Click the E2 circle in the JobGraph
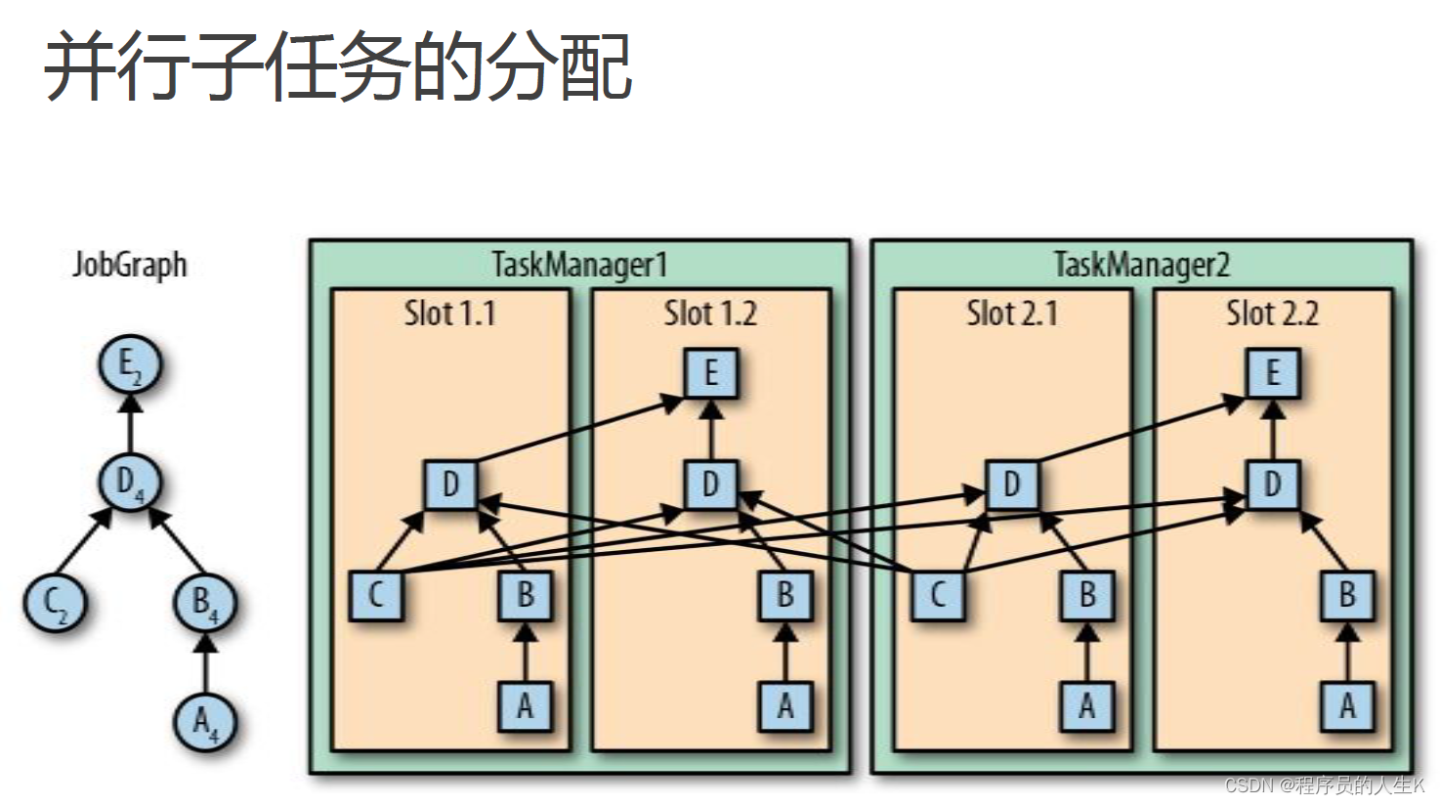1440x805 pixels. [129, 365]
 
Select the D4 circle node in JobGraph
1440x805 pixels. [129, 482]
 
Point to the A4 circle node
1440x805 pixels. [205, 722]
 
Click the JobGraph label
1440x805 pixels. [129, 265]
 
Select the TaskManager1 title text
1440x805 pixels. [579, 265]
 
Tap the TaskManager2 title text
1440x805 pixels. [1141, 265]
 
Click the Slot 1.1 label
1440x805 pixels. [450, 314]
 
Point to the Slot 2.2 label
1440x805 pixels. [1272, 314]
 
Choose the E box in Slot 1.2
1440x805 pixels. [710, 373]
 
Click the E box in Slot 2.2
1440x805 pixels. [1272, 373]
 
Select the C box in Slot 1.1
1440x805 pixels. [376, 595]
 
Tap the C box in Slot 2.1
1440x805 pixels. [938, 595]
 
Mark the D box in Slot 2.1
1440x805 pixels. [1011, 485]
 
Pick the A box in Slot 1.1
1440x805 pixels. [525, 705]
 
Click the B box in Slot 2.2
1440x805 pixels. [1347, 595]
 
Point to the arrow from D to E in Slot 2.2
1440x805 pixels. [1272, 429]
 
